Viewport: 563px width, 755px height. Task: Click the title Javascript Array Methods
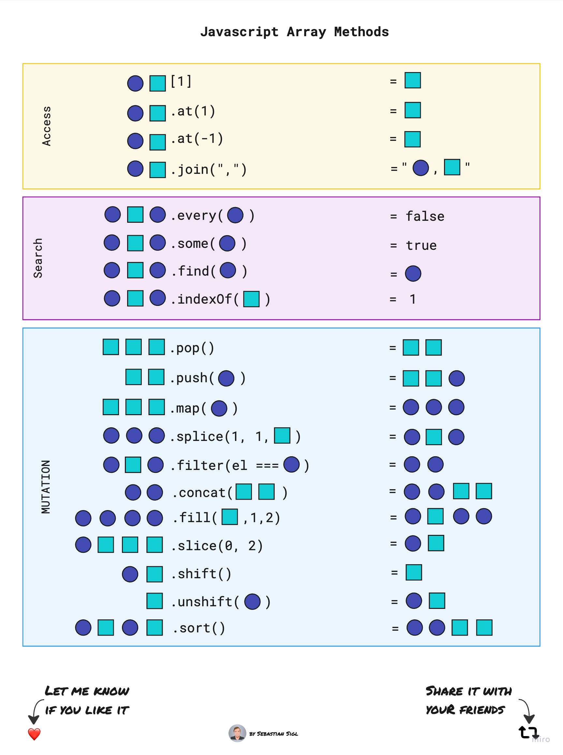294,32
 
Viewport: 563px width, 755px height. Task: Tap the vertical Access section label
46,126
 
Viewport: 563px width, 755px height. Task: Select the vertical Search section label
38,258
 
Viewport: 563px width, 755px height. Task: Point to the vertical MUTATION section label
46,486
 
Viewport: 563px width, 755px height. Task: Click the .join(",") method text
208,169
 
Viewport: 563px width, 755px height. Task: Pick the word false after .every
425,216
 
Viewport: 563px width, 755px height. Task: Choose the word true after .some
421,245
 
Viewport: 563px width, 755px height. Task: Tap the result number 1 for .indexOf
413,299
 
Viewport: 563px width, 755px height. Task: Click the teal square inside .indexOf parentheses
252,299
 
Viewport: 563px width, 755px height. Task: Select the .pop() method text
192,348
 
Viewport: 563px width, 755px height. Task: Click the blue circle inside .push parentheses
226,378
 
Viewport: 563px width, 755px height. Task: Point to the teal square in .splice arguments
282,435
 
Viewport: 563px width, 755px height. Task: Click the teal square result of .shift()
414,572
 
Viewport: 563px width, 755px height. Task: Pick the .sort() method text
199,628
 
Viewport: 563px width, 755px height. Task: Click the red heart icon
34,734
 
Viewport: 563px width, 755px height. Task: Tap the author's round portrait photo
237,733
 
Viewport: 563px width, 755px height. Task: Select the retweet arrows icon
528,732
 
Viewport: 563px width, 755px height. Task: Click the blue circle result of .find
413,273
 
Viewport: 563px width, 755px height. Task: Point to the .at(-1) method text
197,139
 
